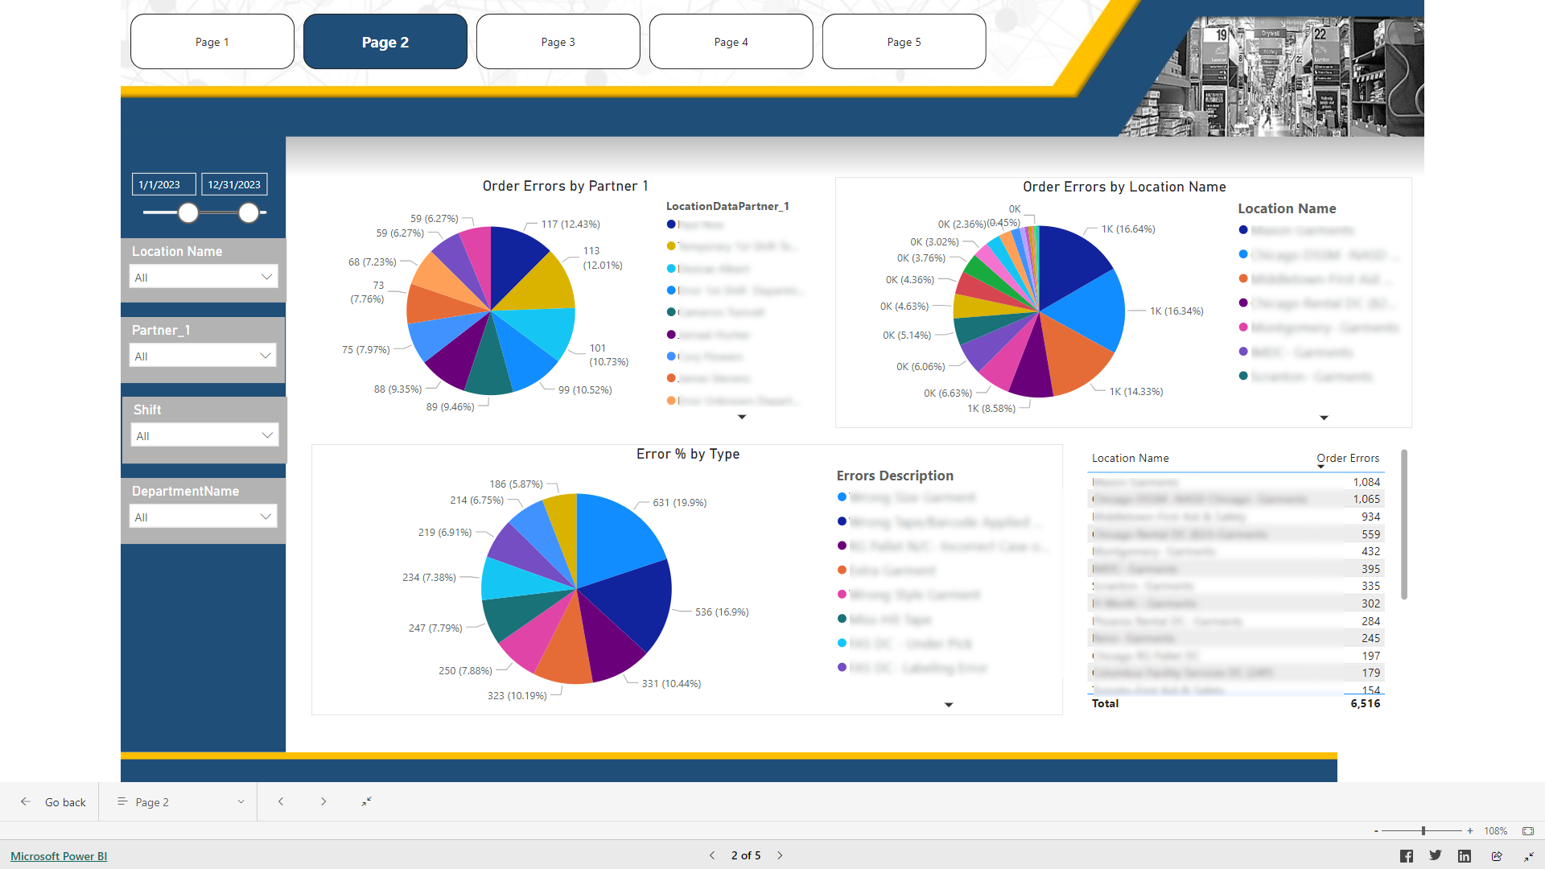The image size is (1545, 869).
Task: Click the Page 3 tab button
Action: tap(558, 42)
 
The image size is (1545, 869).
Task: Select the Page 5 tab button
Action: tap(904, 42)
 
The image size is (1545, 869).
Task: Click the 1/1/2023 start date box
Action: tap(163, 184)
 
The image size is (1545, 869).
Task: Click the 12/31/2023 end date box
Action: tap(234, 184)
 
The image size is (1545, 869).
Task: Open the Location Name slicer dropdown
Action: tap(203, 277)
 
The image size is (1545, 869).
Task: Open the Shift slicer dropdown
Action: tap(204, 435)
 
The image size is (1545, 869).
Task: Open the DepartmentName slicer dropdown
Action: tap(203, 517)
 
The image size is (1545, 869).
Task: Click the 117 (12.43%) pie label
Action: tap(570, 224)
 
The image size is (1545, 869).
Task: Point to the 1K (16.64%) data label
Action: tap(1128, 229)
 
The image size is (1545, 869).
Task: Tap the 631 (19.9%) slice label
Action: tap(679, 502)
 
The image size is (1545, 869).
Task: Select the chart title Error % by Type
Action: tap(687, 454)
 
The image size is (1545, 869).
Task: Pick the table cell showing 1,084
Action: tap(1366, 482)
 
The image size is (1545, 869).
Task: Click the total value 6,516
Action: tap(1365, 703)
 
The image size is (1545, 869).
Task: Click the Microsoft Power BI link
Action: tap(59, 856)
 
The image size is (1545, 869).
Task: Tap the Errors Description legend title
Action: tap(894, 476)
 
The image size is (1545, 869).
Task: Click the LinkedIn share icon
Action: tap(1464, 856)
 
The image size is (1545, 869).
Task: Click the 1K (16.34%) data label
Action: tap(1176, 311)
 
